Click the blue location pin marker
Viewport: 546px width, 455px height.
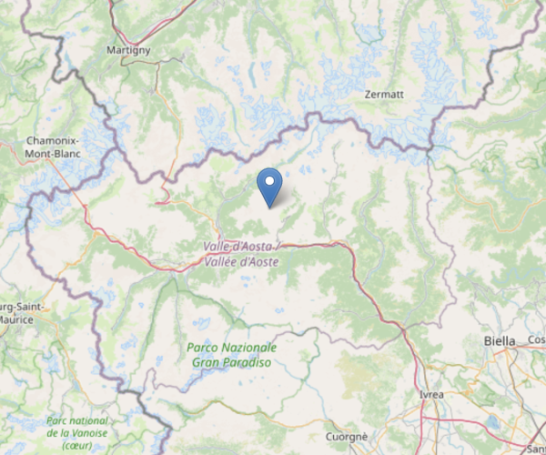click(269, 186)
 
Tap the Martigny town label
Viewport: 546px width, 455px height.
click(127, 49)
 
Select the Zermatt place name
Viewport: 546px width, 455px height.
click(383, 95)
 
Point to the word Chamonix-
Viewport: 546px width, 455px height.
click(53, 141)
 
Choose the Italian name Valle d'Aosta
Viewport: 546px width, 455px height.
click(236, 248)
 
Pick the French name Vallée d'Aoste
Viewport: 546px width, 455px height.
click(241, 262)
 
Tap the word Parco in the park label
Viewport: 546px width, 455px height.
click(203, 349)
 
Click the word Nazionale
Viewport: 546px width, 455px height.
click(248, 349)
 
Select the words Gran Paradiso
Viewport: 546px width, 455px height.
click(231, 362)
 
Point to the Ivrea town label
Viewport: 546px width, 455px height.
click(432, 395)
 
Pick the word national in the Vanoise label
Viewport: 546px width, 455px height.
click(87, 421)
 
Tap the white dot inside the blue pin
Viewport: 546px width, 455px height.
click(269, 180)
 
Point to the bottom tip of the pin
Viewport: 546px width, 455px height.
click(269, 207)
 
